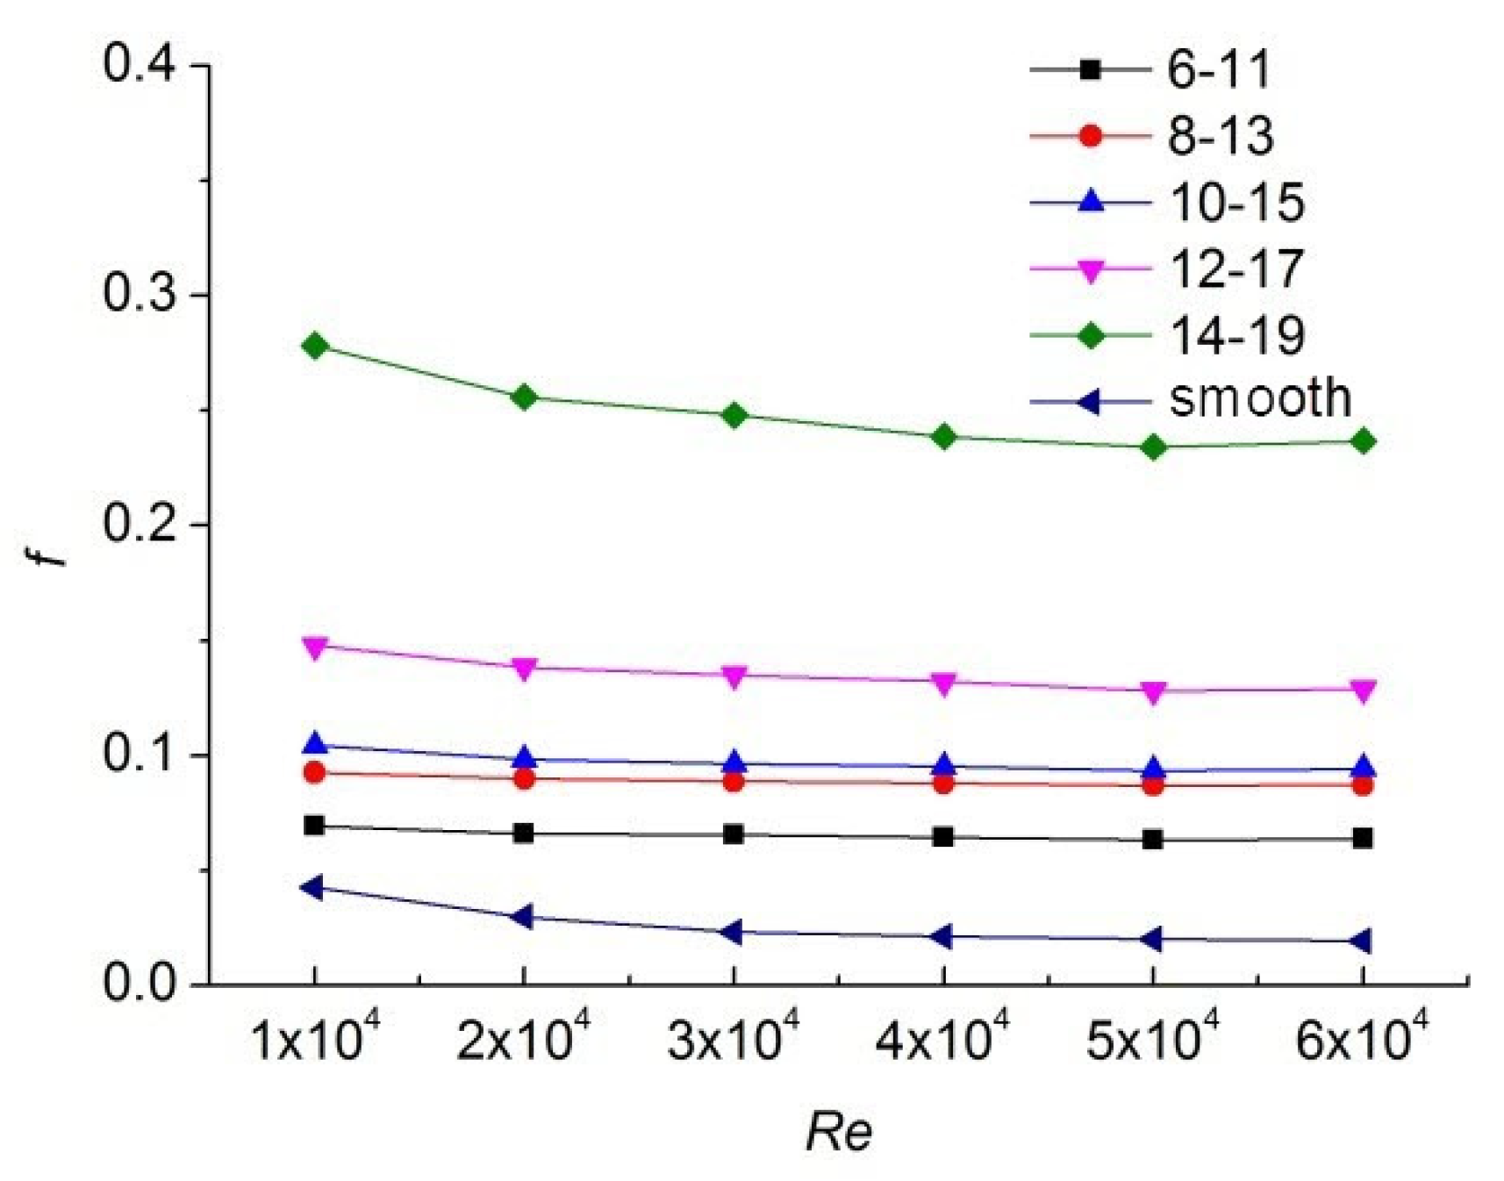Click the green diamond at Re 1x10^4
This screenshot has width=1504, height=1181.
point(314,346)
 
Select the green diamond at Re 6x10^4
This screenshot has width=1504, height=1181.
point(1362,441)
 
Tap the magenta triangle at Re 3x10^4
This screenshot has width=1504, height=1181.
point(734,676)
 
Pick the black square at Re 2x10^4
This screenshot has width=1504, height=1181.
point(524,833)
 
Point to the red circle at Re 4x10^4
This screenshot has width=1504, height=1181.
point(943,783)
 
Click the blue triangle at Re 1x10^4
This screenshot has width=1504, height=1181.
point(314,744)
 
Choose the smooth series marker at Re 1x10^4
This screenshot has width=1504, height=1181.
point(312,887)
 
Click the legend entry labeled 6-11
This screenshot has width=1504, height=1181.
point(1218,69)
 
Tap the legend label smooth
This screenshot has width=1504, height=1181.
point(1260,399)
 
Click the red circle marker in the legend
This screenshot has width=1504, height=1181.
point(1091,136)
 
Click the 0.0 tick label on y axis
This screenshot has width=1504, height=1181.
point(145,984)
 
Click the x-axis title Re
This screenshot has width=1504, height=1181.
point(838,1132)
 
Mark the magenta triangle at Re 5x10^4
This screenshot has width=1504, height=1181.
point(1153,692)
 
